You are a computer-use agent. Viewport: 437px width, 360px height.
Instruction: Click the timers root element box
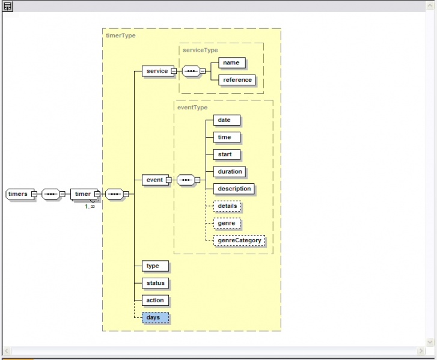pos(18,194)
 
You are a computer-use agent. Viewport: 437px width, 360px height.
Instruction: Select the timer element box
pos(82,194)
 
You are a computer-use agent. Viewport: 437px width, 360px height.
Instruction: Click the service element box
pos(157,71)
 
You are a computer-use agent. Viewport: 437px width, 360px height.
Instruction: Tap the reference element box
pos(237,80)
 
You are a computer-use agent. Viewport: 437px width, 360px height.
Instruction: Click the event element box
pos(154,180)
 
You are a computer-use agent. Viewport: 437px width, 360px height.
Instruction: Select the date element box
pos(224,120)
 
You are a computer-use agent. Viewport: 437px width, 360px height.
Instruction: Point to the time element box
pos(224,137)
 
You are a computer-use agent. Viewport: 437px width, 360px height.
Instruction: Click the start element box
pos(225,154)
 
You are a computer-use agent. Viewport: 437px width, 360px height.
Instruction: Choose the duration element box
pos(230,171)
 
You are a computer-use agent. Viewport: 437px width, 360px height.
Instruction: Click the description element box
pos(234,189)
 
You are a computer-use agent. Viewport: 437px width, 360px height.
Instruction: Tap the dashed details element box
pos(227,206)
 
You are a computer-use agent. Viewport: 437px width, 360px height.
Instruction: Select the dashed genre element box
pos(227,223)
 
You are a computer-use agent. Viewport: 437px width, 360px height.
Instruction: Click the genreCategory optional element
pos(239,240)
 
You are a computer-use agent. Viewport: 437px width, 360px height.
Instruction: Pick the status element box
pos(155,283)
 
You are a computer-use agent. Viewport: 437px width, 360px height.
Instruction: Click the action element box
pos(155,301)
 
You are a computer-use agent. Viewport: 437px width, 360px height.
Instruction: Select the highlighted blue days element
pos(155,317)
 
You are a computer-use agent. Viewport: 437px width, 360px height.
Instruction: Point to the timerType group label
pos(121,35)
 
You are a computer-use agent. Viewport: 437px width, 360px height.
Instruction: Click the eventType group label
pos(192,108)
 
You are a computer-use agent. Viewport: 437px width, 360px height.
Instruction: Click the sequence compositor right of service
pos(191,71)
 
